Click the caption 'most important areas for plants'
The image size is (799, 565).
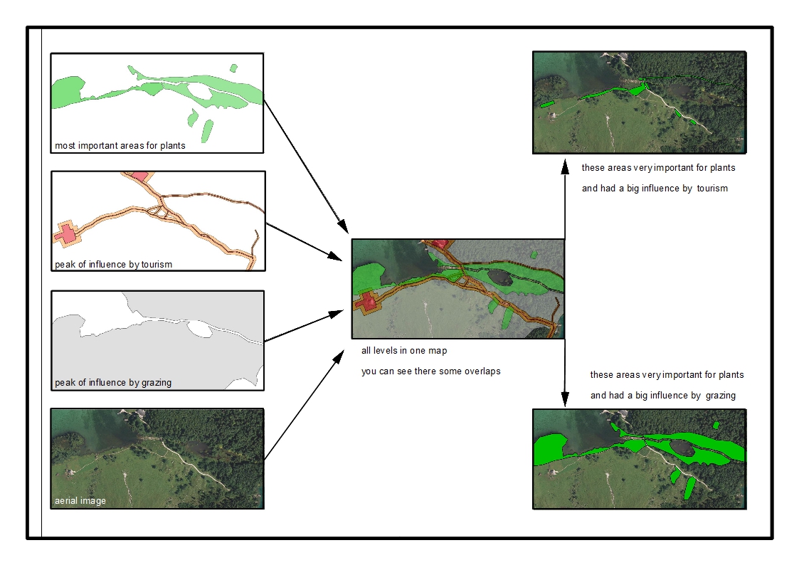(120, 146)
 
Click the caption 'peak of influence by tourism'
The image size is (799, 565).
(114, 265)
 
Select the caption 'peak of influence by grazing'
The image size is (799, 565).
(113, 383)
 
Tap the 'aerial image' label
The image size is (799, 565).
(80, 501)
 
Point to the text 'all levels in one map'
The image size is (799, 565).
(404, 351)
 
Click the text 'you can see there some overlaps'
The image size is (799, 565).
(431, 371)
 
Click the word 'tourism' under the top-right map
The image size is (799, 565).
(712, 189)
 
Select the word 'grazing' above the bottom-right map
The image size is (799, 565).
(721, 396)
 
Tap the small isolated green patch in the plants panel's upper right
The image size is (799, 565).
(234, 68)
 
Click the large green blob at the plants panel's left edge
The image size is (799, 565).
(68, 92)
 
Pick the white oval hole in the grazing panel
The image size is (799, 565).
(199, 329)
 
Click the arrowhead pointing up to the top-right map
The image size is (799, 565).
(565, 167)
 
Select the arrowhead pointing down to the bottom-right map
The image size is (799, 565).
(565, 399)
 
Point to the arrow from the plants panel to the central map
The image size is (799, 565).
(306, 167)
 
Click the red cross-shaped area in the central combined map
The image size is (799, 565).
(366, 302)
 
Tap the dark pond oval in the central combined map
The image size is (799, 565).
(500, 278)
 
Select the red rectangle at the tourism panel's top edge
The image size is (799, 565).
(140, 176)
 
